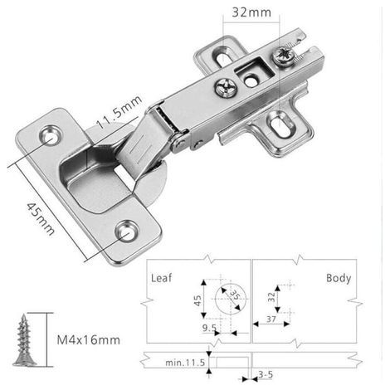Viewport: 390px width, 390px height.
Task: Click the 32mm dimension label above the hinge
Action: click(251, 12)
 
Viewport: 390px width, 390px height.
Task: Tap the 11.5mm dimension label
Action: click(119, 112)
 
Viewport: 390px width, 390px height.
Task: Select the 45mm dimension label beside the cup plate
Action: click(41, 219)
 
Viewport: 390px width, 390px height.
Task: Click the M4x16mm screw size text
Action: click(89, 339)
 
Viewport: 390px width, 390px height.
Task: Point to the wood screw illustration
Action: click(24, 340)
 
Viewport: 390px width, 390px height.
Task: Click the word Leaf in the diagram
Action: click(161, 278)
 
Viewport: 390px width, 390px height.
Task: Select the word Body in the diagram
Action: click(339, 278)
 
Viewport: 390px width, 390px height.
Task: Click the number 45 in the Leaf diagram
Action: click(197, 300)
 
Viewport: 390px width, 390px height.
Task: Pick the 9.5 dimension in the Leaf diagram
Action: click(209, 328)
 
